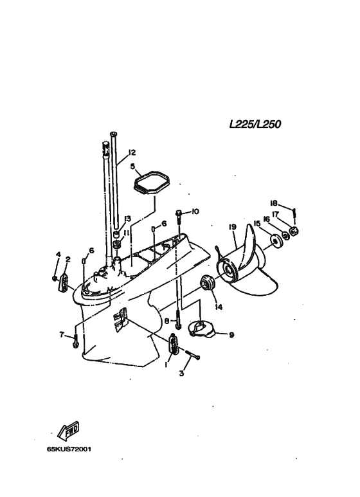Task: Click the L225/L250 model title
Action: click(x=255, y=124)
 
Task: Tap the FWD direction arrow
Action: click(x=68, y=431)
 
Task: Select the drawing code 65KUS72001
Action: click(x=69, y=449)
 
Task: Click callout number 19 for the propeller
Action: click(x=232, y=227)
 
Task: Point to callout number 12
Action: click(x=132, y=152)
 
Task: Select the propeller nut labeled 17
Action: click(x=294, y=231)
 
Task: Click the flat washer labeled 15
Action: click(x=275, y=241)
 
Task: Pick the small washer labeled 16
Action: click(x=285, y=236)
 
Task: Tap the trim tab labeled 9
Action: click(x=201, y=329)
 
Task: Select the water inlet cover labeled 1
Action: click(x=174, y=344)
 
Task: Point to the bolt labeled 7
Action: click(x=75, y=341)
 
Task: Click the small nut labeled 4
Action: click(x=55, y=278)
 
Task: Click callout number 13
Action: click(x=127, y=219)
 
